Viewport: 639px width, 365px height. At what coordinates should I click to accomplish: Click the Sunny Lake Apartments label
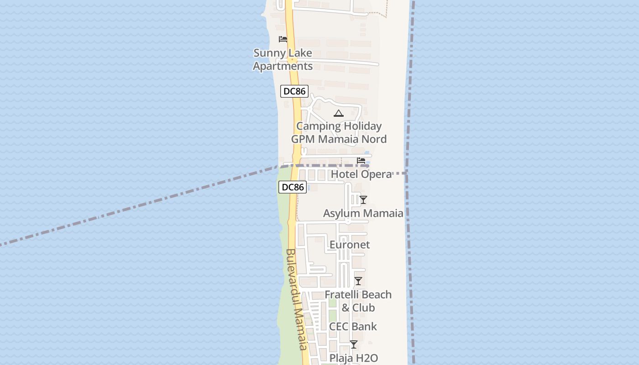tap(283, 59)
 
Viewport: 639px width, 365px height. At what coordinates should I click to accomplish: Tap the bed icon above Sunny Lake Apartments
tap(283, 39)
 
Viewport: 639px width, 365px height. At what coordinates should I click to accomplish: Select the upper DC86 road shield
tap(294, 91)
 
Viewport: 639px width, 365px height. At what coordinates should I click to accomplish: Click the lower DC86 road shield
tap(292, 187)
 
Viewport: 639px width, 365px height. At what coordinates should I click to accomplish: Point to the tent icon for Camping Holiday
tap(338, 113)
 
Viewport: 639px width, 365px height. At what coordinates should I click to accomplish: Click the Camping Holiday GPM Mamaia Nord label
tap(339, 132)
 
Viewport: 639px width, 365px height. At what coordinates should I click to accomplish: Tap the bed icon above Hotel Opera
tap(361, 161)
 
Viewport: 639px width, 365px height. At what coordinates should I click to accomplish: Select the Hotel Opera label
tap(361, 174)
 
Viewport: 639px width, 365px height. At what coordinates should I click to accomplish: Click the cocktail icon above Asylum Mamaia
tap(363, 200)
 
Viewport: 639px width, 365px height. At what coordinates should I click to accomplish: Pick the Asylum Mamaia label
tap(363, 213)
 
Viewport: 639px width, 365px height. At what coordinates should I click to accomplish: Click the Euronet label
tap(350, 245)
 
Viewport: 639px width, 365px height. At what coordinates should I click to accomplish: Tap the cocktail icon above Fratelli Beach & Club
tap(358, 281)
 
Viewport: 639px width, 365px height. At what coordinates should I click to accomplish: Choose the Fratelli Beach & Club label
tap(358, 301)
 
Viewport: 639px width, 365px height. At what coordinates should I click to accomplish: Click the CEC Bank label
tap(353, 326)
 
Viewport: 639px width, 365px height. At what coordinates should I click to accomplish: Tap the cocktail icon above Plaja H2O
tap(354, 344)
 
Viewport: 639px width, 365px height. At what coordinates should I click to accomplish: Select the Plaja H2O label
tap(354, 358)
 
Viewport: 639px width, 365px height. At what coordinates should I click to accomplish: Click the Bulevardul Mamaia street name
tap(296, 299)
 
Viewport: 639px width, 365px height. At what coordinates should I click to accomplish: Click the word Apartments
tap(283, 66)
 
